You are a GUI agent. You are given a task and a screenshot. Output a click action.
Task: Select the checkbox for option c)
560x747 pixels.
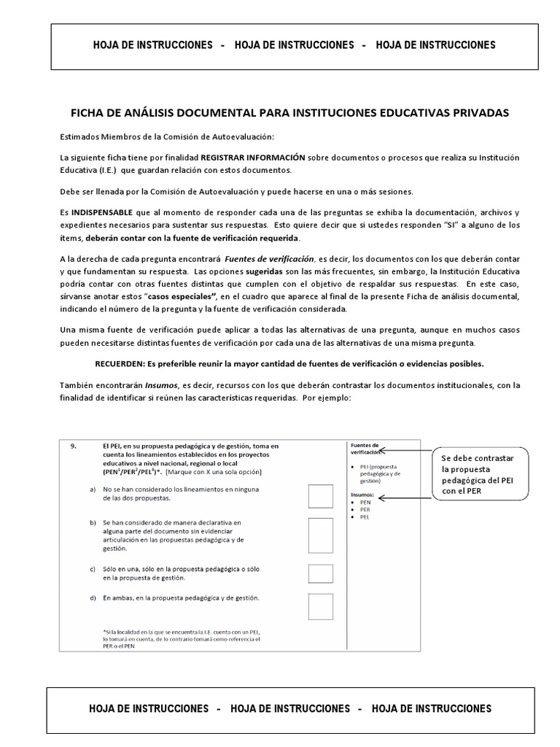click(x=321, y=573)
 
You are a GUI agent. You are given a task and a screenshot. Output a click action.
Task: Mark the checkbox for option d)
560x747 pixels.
click(x=321, y=606)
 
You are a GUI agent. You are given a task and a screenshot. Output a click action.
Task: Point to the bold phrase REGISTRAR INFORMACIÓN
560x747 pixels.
click(x=253, y=158)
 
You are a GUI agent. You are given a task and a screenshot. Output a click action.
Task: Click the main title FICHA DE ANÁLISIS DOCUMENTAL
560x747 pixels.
click(x=289, y=113)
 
